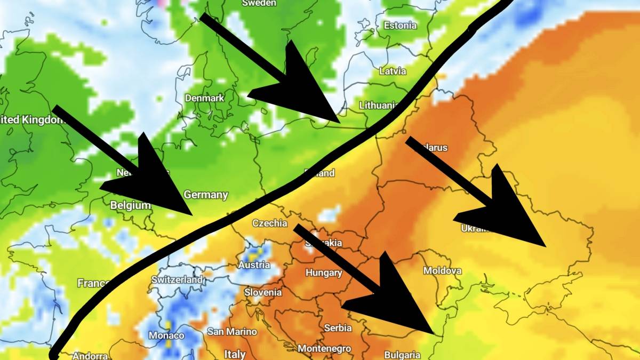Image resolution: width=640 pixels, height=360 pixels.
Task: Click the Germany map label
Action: pyautogui.click(x=206, y=195)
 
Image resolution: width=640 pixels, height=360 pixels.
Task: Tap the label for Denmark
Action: pyautogui.click(x=204, y=98)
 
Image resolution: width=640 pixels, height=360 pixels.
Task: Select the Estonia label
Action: pyautogui.click(x=400, y=26)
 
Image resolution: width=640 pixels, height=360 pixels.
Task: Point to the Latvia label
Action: pyautogui.click(x=393, y=71)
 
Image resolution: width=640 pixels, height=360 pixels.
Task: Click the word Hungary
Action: pyautogui.click(x=324, y=273)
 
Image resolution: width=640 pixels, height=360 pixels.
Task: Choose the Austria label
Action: pyautogui.click(x=254, y=265)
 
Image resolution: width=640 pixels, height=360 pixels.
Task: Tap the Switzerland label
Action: pyautogui.click(x=177, y=279)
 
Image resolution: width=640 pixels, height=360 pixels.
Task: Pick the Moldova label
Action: pyautogui.click(x=442, y=271)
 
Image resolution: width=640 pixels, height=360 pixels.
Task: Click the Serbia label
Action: pyautogui.click(x=338, y=327)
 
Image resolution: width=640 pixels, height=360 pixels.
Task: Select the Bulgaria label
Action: pyautogui.click(x=402, y=355)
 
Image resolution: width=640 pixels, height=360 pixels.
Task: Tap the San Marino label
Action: pyautogui.click(x=232, y=331)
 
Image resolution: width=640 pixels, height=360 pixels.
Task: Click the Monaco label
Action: pyautogui.click(x=166, y=335)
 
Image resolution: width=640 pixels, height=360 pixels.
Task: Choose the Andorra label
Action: pyautogui.click(x=90, y=356)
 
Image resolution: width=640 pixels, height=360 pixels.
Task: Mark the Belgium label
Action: pyautogui.click(x=130, y=205)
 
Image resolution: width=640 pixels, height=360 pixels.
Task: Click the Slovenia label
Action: pyautogui.click(x=263, y=292)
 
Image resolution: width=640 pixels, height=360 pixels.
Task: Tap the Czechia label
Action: pyautogui.click(x=270, y=223)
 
